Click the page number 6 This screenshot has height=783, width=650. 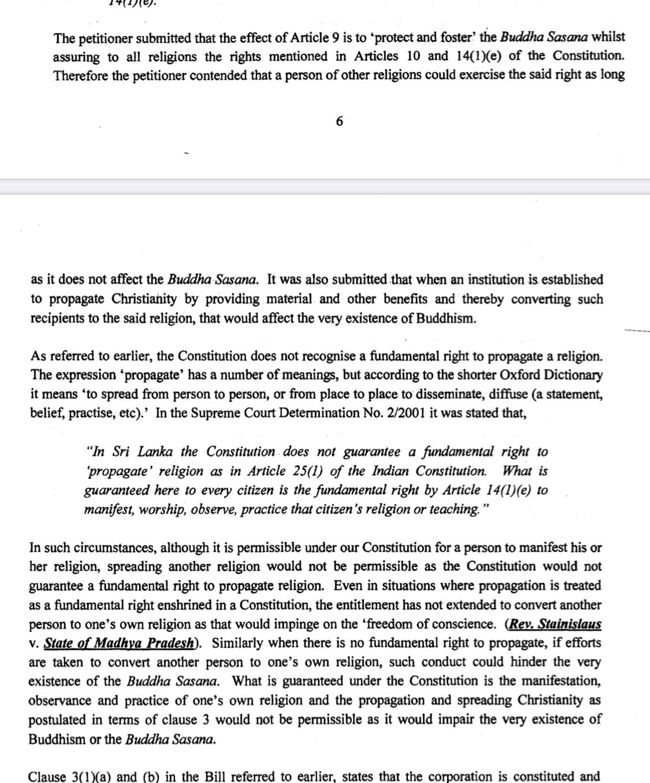(339, 121)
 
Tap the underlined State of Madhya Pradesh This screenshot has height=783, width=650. (118, 644)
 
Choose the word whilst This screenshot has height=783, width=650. (610, 38)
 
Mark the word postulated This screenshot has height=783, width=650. (57, 720)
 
